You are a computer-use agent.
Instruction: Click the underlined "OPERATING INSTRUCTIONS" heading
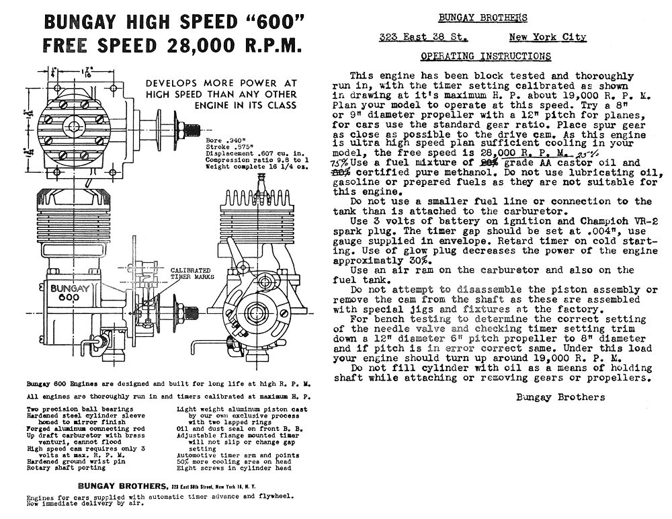[485, 56]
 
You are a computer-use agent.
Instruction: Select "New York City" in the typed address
[547, 38]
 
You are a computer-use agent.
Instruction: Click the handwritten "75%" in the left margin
[340, 163]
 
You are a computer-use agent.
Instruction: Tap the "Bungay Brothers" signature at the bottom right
[560, 397]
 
